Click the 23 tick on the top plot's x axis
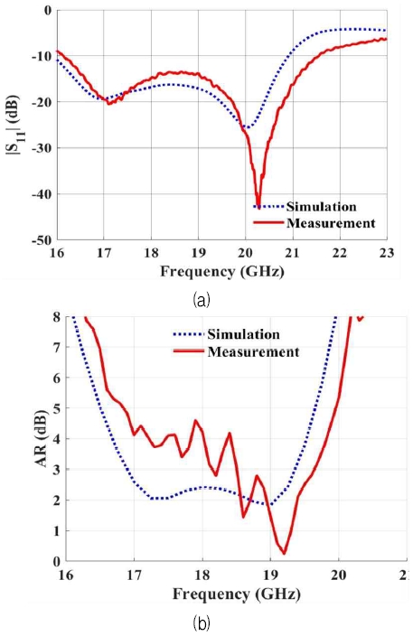(x=386, y=254)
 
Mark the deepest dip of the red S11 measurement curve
(x=258, y=207)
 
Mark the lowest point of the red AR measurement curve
(x=284, y=553)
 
